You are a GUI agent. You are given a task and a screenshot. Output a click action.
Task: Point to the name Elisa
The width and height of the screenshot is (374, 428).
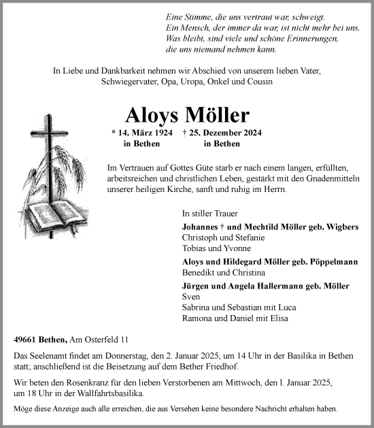279,318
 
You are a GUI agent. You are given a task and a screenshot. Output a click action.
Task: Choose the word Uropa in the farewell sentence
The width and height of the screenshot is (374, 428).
179,82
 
